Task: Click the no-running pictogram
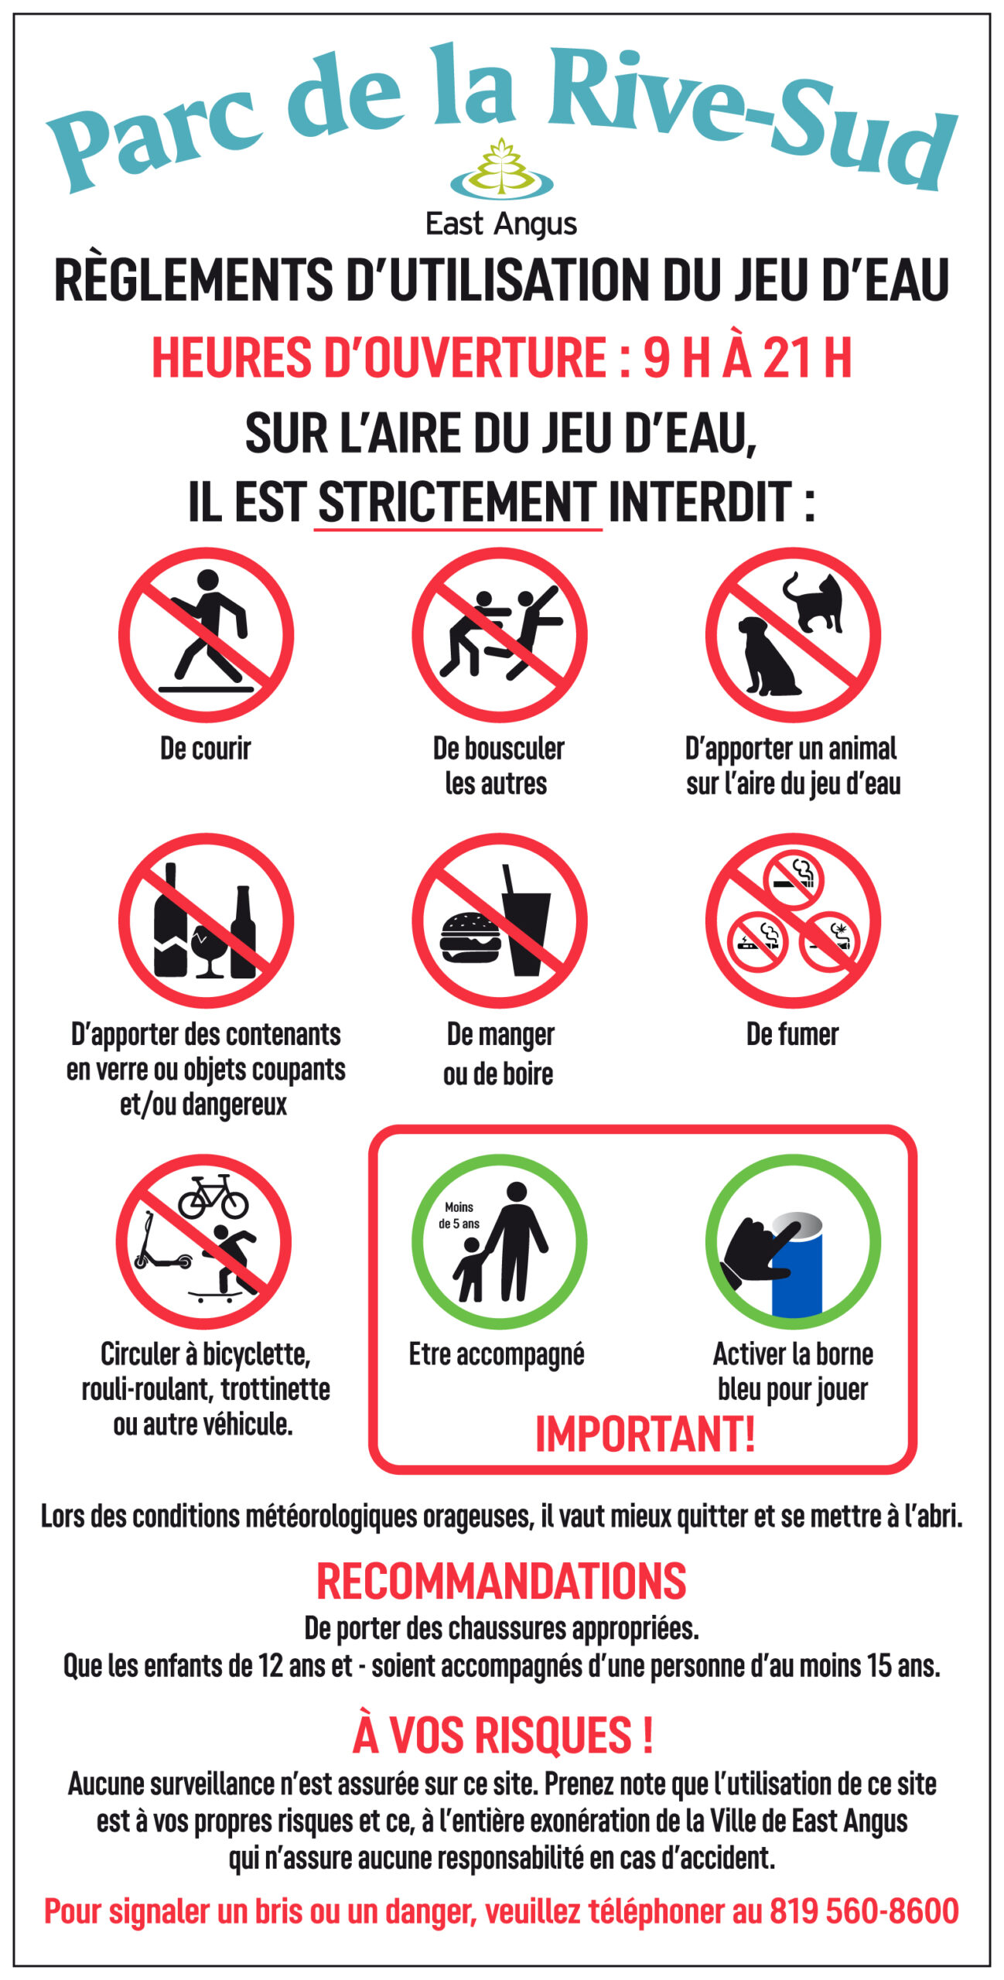[206, 635]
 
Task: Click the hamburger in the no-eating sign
[470, 937]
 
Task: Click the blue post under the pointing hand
[797, 1270]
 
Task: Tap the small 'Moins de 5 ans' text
[459, 1215]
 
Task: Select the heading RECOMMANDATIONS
[501, 1581]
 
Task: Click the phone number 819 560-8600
[864, 1910]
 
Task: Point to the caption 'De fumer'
[792, 1034]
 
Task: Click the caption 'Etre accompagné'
[497, 1356]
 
